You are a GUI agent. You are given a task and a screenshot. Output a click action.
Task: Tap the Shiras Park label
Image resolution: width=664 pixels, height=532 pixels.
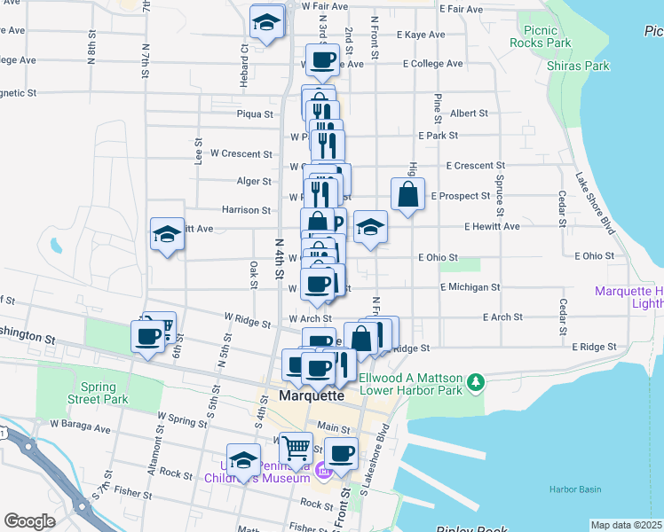tap(585, 66)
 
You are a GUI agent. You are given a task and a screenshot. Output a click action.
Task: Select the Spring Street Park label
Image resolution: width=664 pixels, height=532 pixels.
tap(104, 393)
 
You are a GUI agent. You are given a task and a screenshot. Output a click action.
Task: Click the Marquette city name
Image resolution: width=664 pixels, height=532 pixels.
tap(311, 395)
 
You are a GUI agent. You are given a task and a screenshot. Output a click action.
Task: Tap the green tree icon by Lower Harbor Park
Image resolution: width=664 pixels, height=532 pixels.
tap(478, 382)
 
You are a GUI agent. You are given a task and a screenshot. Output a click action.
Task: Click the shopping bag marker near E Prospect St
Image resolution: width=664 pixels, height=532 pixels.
tap(407, 195)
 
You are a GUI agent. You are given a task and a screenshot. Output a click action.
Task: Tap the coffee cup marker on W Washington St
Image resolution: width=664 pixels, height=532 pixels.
tap(148, 336)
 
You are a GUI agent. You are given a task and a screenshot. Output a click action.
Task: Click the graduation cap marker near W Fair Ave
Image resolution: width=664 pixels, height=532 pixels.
tap(266, 23)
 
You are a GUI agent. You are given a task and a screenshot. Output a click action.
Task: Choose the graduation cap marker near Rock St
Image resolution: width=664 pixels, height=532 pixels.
tap(243, 459)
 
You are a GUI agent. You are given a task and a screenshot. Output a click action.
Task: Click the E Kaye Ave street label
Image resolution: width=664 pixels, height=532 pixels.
tap(421, 35)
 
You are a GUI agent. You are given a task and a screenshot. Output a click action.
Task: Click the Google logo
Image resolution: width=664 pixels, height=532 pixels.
tap(29, 521)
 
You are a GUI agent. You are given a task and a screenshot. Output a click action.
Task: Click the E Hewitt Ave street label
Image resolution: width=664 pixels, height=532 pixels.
tap(492, 226)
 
